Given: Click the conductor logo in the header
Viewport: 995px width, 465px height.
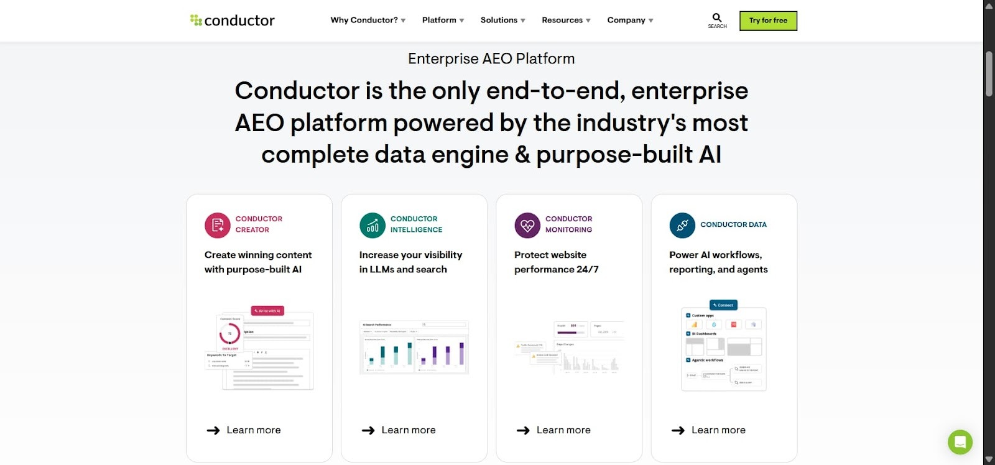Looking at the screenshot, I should pos(233,21).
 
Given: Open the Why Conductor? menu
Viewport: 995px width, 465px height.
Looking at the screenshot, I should pos(368,21).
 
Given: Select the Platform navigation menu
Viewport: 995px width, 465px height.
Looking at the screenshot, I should pos(443,21).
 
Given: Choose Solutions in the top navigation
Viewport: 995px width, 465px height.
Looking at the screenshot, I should pos(502,21).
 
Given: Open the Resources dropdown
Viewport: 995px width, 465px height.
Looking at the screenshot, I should pos(566,21).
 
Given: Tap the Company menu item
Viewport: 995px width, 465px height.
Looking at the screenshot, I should pos(630,21).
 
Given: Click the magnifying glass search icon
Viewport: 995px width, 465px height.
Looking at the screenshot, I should pos(717,18).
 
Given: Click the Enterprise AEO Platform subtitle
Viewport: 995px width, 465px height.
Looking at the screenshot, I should pos(491,58).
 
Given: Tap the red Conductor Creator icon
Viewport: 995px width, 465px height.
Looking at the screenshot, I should pos(218,225).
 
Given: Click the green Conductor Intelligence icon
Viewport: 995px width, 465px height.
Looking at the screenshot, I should pos(373,225).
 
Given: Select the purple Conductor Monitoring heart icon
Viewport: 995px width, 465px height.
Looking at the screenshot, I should pos(527,225).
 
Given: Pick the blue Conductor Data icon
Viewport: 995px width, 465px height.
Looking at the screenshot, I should pos(682,225).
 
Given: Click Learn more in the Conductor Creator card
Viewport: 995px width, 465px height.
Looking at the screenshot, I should pos(244,430).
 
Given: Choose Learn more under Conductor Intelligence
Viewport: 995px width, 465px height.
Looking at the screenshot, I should pos(399,430).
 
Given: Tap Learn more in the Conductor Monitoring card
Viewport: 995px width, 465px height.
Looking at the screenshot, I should pos(553,430).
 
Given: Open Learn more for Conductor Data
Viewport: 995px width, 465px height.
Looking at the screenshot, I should pos(708,430).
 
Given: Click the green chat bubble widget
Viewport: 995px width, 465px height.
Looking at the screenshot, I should pos(960,442).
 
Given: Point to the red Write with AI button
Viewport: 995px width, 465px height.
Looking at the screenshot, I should pos(267,311).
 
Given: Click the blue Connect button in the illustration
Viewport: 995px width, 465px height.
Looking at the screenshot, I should pos(723,305).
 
